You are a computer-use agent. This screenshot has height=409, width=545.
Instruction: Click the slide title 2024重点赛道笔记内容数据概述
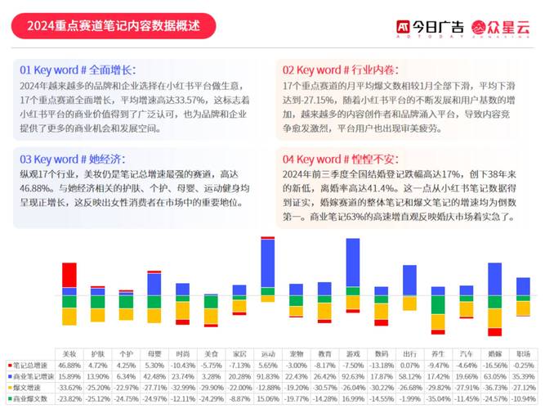coord(114,25)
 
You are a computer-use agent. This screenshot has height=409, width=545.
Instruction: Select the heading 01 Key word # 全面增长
coord(78,70)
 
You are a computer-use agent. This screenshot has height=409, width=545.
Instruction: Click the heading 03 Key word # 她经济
coord(73,158)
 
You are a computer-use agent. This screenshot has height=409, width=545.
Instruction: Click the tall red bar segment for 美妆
coord(69,275)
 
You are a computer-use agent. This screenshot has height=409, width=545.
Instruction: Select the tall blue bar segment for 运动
coord(267,263)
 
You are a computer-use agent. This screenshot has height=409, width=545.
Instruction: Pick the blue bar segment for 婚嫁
coord(494,278)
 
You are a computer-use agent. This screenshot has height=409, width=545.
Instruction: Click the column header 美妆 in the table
coord(69,353)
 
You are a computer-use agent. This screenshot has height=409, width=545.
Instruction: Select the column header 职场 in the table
coord(523,353)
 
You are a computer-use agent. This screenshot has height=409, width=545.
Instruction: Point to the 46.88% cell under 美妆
coord(69,365)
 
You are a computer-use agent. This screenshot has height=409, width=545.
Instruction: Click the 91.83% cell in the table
coord(268,376)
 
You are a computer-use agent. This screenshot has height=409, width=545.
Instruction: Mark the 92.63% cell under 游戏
coord(353,376)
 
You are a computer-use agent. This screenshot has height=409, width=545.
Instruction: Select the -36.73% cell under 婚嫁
coord(494,387)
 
